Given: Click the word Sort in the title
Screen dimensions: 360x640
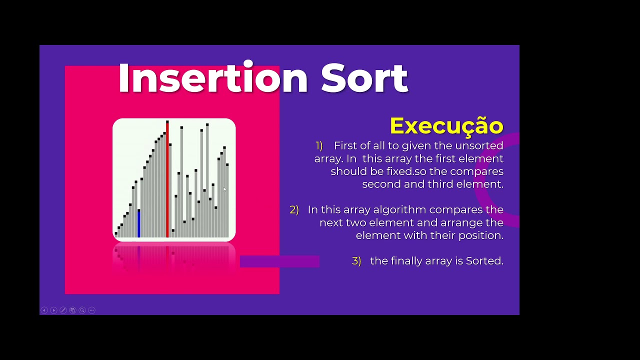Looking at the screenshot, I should coord(364,78).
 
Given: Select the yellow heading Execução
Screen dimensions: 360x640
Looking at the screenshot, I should coord(446,125).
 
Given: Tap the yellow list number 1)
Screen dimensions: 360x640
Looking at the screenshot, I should coord(319,145).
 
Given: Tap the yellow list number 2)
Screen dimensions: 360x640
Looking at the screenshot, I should coord(294,210).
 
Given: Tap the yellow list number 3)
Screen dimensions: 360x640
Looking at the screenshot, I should coord(356,261).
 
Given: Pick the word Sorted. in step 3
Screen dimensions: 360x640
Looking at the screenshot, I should coord(484,261).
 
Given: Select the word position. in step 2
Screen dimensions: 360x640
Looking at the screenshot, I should coord(482,235).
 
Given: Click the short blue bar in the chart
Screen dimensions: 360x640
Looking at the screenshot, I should coord(138,223).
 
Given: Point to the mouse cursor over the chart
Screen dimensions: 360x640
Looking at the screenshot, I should coord(224,189).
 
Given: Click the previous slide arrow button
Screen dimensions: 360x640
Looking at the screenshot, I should coord(44,310).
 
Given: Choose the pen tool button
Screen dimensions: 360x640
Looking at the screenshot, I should coord(63,310).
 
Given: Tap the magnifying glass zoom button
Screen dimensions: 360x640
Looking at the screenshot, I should coord(82,310).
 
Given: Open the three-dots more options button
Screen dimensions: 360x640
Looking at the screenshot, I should coord(91,310).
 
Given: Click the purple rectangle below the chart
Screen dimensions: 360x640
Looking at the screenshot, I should coord(279,261).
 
